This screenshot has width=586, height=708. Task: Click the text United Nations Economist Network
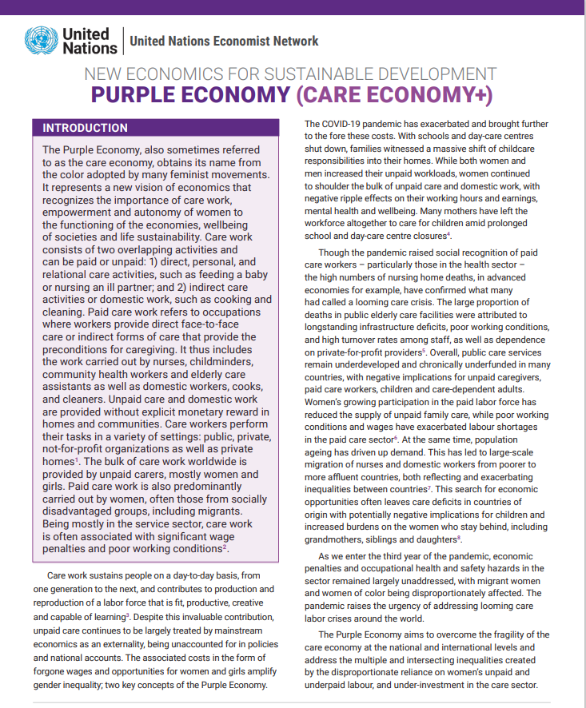pos(224,42)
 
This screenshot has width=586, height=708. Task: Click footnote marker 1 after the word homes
pos(77,459)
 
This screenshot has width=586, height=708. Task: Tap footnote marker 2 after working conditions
pos(226,547)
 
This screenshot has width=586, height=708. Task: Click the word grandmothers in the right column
pos(336,539)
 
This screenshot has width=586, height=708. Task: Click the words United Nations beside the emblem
pos(86,41)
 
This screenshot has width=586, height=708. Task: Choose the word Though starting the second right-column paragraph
pos(333,253)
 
